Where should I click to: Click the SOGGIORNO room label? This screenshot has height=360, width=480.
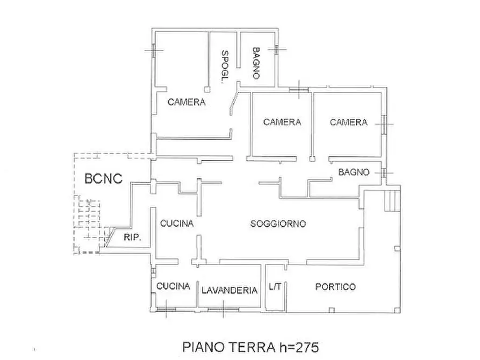278,224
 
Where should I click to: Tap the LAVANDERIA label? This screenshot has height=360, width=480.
229,290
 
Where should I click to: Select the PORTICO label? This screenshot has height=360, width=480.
335,287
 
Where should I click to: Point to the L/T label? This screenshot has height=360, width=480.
275,287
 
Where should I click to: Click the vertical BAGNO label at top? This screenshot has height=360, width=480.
256,63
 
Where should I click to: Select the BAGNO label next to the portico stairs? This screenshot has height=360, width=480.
354,172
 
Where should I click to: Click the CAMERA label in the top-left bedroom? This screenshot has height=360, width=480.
186,102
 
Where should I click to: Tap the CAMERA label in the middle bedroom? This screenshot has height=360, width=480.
282,122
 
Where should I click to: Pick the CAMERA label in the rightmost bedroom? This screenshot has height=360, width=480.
348,122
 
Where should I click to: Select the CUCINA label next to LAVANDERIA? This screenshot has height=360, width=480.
173,286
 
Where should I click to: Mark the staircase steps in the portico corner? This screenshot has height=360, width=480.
391,200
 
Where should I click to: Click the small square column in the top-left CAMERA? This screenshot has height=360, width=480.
206,88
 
